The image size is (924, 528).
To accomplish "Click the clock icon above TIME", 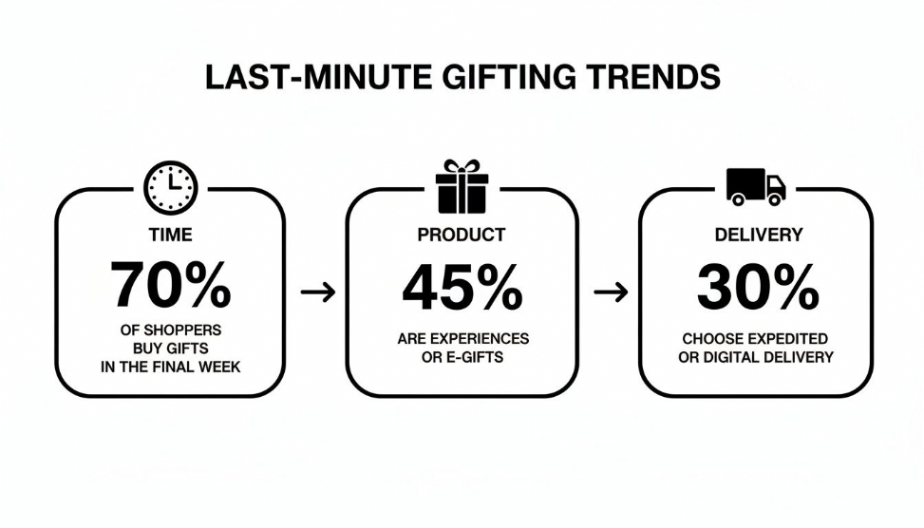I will tap(171, 186).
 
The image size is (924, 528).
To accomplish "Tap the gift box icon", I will tap(462, 186).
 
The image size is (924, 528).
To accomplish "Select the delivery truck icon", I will tap(755, 186).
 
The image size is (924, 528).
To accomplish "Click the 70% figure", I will tap(171, 285).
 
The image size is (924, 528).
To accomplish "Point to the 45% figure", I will tap(462, 288).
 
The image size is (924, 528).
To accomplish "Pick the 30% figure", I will tap(757, 288).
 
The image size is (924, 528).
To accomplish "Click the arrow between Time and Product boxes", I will tap(318, 292).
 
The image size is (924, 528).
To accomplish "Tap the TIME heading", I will tap(171, 234).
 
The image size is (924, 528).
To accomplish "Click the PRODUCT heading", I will tap(462, 234).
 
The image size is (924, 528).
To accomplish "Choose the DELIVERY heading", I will tap(757, 234).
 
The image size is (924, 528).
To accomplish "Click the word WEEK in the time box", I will tap(218, 366).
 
